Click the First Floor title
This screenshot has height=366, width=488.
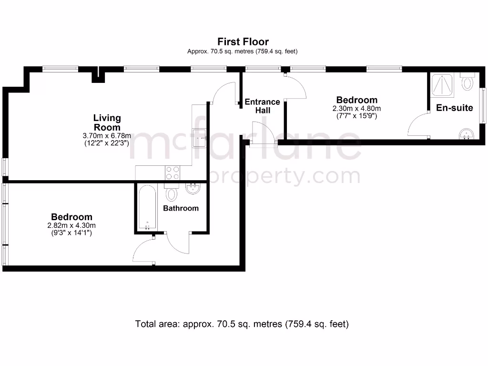point(243,42)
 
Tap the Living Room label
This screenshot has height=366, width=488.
point(107,122)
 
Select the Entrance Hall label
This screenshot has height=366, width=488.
point(262,106)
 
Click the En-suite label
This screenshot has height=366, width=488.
point(454,108)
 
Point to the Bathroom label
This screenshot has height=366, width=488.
point(181,208)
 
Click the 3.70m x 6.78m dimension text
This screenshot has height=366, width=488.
point(107,136)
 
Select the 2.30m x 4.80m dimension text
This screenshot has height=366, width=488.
point(356,108)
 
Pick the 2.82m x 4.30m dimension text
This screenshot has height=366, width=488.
point(71,225)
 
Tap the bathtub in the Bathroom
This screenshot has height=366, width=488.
point(146,208)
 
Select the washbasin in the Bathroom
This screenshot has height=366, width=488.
point(193,189)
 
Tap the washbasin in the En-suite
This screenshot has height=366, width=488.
point(466,134)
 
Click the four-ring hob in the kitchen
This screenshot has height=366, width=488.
point(172,172)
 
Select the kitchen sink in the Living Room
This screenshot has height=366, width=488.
point(199,137)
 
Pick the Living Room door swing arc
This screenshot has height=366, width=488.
point(224,92)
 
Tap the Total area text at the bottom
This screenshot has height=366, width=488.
point(243,324)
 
